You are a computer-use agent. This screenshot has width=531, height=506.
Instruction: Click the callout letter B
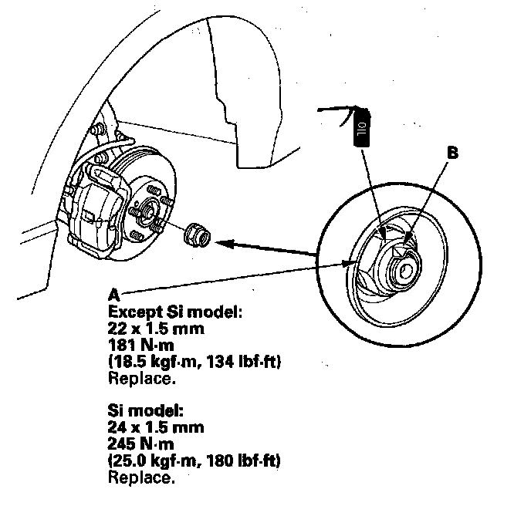(453, 153)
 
